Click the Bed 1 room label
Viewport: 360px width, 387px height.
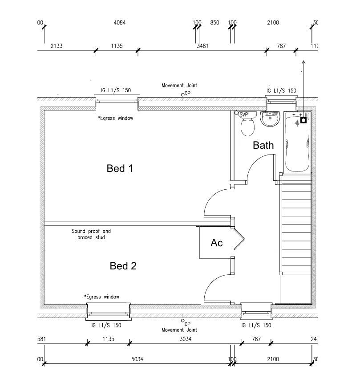[120, 168]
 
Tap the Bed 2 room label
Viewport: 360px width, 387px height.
[123, 266]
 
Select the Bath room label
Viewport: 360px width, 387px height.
[263, 145]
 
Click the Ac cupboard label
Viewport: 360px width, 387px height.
[216, 243]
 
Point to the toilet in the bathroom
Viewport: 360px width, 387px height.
[247, 126]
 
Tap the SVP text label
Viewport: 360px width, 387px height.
[243, 115]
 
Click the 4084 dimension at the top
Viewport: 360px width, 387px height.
[119, 23]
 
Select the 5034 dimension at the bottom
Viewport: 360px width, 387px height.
[137, 359]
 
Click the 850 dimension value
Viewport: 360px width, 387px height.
[214, 23]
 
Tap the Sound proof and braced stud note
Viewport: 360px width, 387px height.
[91, 234]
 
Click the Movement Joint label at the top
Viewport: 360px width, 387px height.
[179, 85]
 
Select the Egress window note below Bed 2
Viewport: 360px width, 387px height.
[101, 297]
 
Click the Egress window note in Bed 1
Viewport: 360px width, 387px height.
[115, 118]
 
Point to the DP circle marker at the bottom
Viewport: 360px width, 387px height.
[182, 320]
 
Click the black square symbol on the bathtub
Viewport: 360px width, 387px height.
[303, 120]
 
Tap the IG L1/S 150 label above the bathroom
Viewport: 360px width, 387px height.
[281, 90]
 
